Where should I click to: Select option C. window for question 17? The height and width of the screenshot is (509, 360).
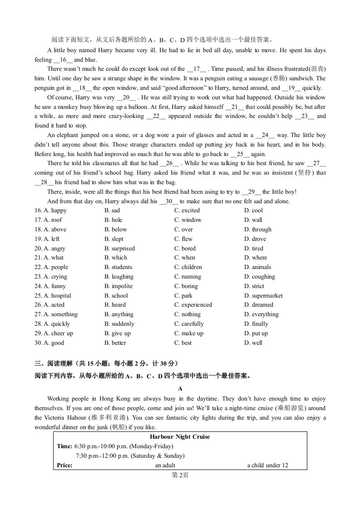point(188,220)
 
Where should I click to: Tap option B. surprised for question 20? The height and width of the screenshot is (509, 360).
point(119,249)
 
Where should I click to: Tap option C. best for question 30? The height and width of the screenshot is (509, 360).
point(183,343)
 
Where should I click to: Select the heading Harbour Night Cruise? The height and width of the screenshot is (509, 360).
point(180,437)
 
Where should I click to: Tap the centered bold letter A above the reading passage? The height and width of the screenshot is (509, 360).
point(180,389)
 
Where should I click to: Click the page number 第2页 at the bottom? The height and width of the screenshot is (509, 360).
point(180,475)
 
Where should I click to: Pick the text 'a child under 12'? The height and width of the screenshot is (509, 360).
point(267,465)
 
